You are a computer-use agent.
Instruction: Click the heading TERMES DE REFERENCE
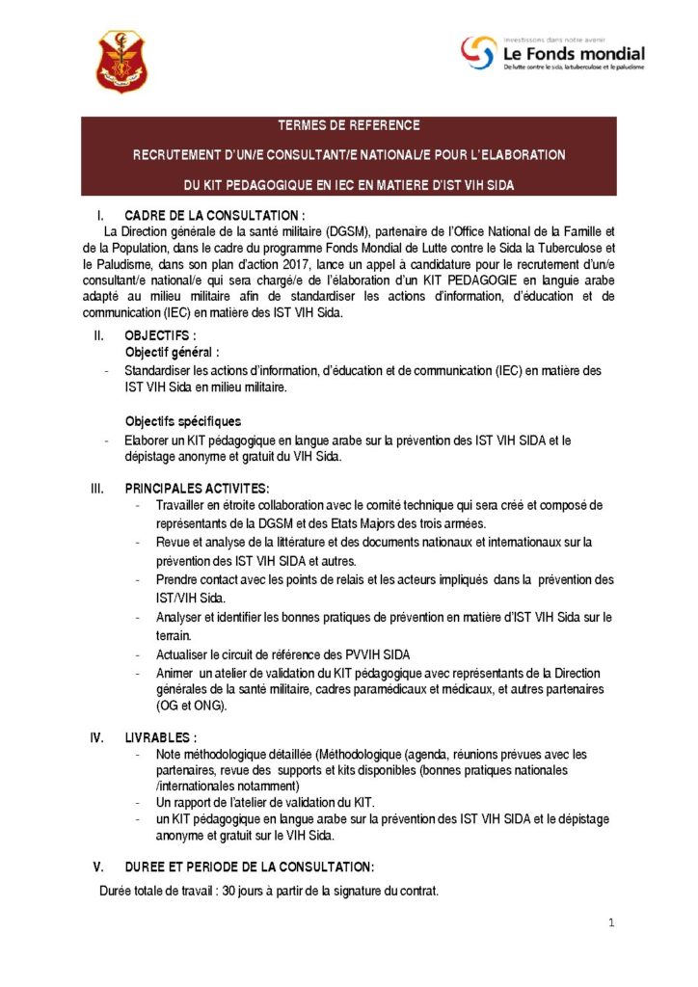[348, 125]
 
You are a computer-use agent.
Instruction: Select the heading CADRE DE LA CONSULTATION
[214, 215]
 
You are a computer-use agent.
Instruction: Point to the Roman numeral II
[97, 335]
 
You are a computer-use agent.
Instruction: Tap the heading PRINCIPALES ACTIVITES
[197, 489]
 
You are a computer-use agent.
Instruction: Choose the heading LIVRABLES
[154, 737]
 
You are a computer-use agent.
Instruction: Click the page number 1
[611, 922]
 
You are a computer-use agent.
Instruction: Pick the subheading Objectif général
[172, 353]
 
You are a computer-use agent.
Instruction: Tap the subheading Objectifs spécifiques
[183, 421]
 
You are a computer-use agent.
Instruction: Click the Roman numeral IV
[97, 737]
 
